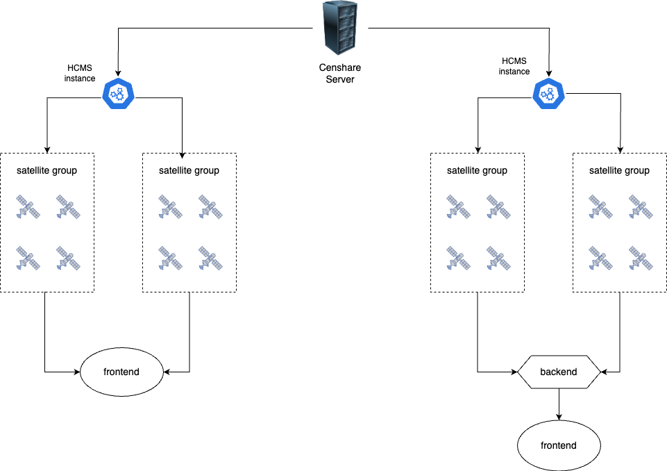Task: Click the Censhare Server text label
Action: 340,74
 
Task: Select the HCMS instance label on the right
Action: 514,67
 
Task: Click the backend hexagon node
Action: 559,372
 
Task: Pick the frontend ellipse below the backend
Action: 559,445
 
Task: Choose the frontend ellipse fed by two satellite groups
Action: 121,372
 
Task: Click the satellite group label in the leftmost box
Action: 47,170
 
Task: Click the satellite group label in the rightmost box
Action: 619,170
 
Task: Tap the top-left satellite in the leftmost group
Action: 28,206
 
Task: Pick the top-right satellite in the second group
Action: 209,206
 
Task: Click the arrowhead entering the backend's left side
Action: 514,372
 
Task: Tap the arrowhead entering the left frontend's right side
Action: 167,372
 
